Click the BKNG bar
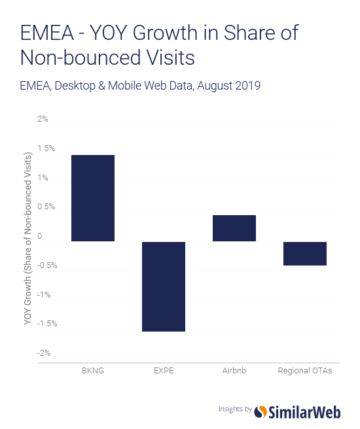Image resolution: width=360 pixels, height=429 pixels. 92,198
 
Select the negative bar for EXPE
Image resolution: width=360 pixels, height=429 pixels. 164,286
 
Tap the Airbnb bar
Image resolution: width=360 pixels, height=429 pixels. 234,228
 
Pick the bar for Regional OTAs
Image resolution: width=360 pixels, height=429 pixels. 305,253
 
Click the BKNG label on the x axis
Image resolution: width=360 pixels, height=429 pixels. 92,371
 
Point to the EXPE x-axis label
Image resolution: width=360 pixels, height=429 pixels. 164,371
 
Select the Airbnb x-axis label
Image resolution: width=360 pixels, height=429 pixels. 234,371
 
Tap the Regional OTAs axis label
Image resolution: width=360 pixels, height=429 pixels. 305,371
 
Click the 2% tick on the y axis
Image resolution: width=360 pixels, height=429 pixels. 43,120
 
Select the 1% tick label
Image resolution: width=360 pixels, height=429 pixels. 43,178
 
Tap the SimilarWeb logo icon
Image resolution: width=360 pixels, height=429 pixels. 261,410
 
